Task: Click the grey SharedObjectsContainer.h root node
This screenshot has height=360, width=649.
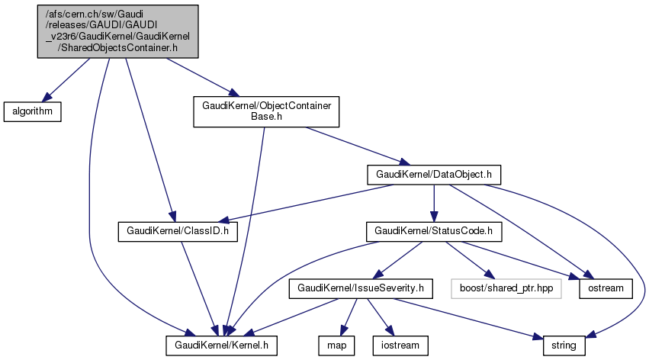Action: [x=118, y=31]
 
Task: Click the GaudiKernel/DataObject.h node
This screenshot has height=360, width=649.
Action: [x=433, y=174]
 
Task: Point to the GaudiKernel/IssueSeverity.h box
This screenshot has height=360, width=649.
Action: [x=361, y=288]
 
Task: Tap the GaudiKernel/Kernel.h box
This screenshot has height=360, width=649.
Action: [x=221, y=346]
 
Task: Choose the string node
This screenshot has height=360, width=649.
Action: [x=564, y=346]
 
